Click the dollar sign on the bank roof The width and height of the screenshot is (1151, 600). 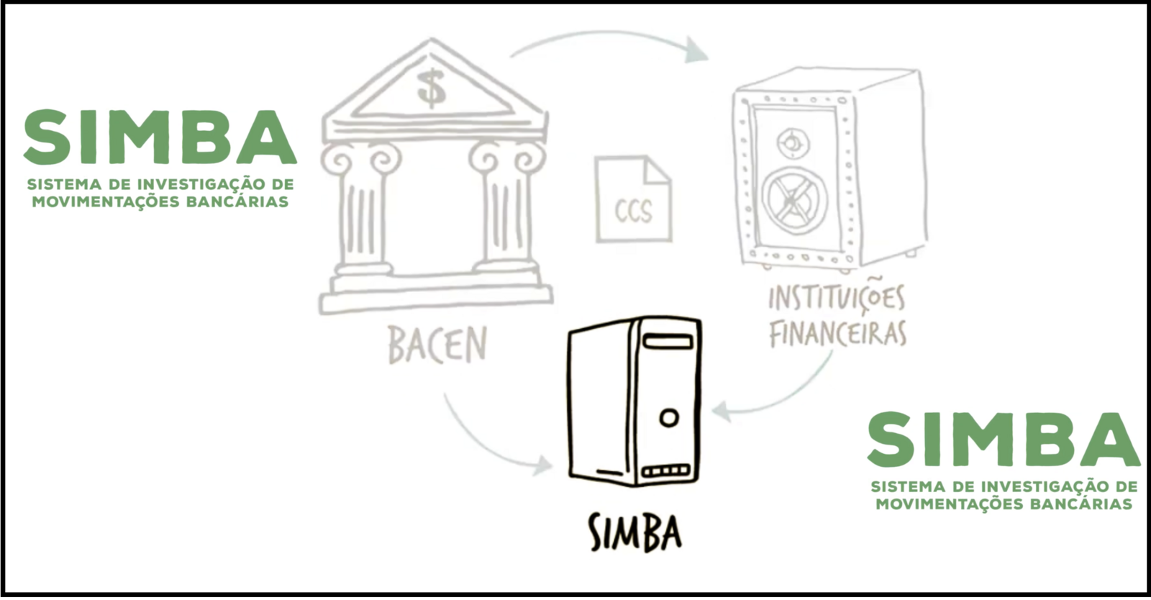pyautogui.click(x=431, y=87)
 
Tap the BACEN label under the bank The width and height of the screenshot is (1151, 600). pyautogui.click(x=437, y=345)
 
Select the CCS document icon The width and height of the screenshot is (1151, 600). pyautogui.click(x=633, y=201)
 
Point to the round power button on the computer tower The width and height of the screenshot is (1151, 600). pyautogui.click(x=668, y=418)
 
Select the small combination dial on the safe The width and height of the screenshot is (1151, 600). pyautogui.click(x=791, y=142)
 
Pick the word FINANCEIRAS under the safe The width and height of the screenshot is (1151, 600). pyautogui.click(x=837, y=334)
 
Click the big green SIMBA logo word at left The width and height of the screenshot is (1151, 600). pyautogui.click(x=160, y=137)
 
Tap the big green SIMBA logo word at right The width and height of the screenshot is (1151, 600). pyautogui.click(x=1003, y=440)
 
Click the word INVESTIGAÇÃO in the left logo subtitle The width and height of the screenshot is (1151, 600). pyautogui.click(x=190, y=185)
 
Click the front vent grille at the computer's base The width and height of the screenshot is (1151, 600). pyautogui.click(x=665, y=471)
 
